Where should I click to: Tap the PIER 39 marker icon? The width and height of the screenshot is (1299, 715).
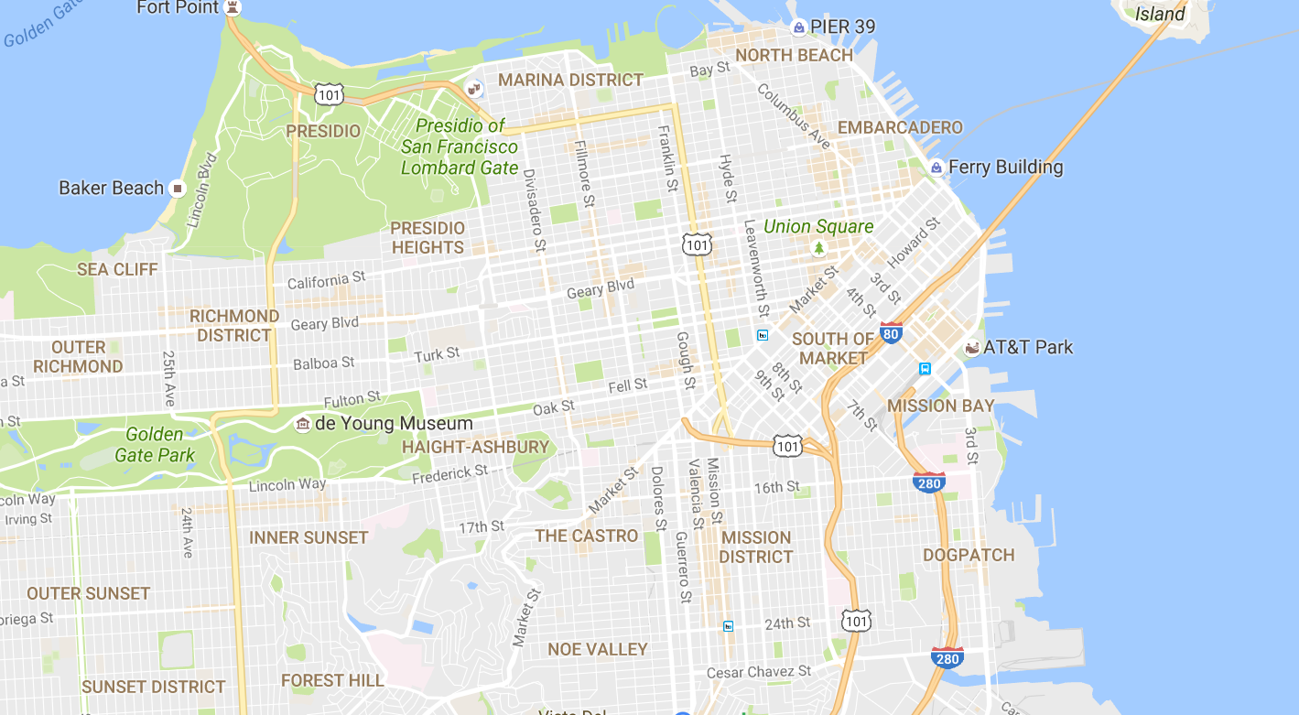tap(798, 27)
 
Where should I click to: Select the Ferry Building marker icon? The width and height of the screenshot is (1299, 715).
tap(936, 168)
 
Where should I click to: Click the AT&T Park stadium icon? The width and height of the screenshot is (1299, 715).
tap(971, 348)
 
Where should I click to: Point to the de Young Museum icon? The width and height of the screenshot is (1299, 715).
tap(302, 424)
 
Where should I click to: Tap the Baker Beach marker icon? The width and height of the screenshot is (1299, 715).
tap(178, 189)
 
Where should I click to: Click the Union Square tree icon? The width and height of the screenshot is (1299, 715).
tap(818, 248)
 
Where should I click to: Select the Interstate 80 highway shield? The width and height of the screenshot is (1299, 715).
tap(891, 333)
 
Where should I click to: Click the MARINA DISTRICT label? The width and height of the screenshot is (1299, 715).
tap(570, 81)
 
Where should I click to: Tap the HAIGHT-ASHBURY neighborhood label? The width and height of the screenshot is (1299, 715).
tap(475, 448)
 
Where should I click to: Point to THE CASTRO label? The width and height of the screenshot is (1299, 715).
tap(586, 536)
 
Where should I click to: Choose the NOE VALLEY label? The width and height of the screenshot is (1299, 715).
tap(597, 649)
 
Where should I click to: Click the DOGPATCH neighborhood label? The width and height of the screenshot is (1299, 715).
tap(969, 555)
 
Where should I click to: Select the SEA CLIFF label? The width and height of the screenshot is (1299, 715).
tap(117, 269)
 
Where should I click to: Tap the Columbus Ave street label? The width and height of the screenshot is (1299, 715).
tap(794, 117)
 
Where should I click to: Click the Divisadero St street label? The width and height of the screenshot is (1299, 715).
tap(534, 209)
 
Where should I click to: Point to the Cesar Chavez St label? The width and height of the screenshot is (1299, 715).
tap(759, 672)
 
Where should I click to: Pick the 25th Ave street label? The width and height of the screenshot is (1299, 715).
tap(168, 378)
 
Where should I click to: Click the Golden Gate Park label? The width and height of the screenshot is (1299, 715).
tap(155, 445)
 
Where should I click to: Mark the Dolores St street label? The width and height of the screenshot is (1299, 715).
tap(657, 498)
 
